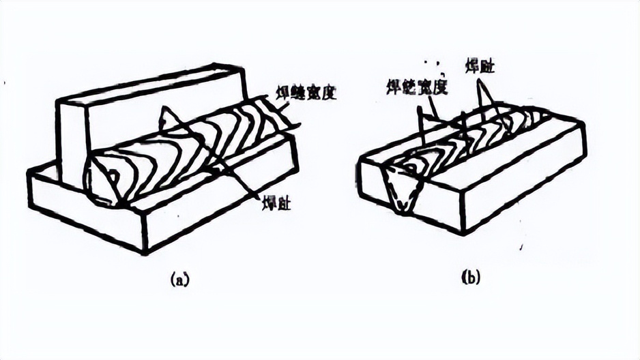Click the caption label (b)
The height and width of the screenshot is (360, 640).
pyautogui.click(x=471, y=277)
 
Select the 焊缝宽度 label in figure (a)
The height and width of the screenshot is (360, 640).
pyautogui.click(x=310, y=92)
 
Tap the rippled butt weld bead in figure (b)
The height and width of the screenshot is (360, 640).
pyautogui.click(x=471, y=136)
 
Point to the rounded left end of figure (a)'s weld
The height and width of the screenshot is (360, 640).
pyautogui.click(x=102, y=181)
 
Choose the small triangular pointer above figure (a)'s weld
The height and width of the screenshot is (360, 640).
pyautogui.click(x=165, y=119)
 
